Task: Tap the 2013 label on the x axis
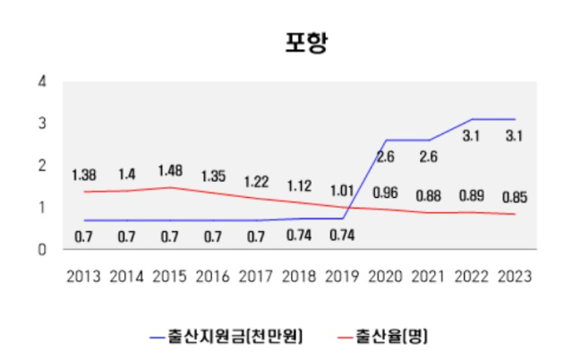pos(84,276)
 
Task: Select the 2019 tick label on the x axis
pos(341,276)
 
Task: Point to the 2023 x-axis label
pos(514,276)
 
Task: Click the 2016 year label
pos(213,276)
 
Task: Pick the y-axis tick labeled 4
pos(41,81)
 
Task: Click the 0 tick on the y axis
pos(41,250)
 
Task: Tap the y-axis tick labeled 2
pos(41,166)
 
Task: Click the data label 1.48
pos(170,170)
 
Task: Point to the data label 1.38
pos(84,175)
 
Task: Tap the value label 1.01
pos(341,190)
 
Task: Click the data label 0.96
pos(386,193)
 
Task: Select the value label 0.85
pos(514,196)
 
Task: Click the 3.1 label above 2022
pos(471,137)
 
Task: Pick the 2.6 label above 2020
pos(386,157)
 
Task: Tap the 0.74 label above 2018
pos(299,236)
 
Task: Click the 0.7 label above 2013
pos(84,237)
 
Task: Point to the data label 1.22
pos(256,182)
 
